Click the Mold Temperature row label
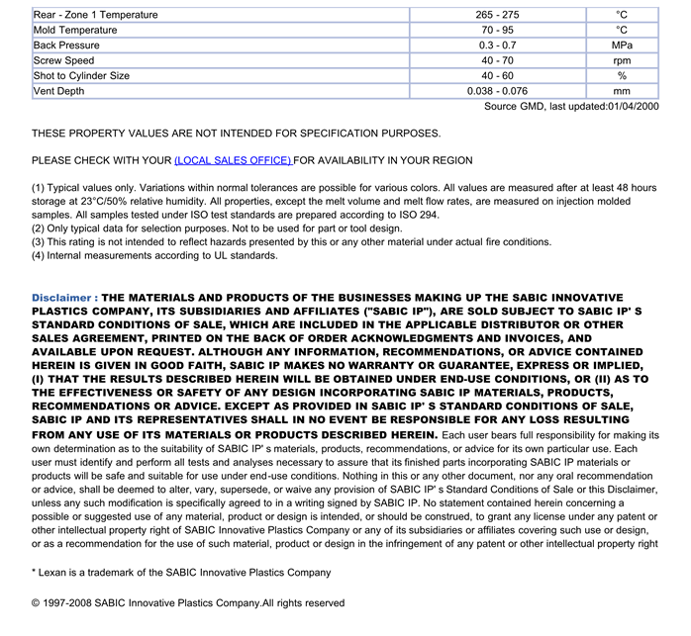point(75,31)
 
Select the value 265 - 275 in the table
point(497,15)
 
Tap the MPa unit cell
point(622,45)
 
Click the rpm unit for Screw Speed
point(622,61)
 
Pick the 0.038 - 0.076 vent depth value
point(497,91)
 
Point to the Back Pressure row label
point(66,45)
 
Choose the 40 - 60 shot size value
point(497,76)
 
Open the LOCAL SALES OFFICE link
point(233,160)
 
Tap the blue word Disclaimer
point(63,297)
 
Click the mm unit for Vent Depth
point(622,91)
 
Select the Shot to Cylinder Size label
point(81,76)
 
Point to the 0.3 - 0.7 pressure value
point(497,45)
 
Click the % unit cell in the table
point(622,76)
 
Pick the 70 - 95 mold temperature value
point(497,31)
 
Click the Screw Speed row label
point(64,61)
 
